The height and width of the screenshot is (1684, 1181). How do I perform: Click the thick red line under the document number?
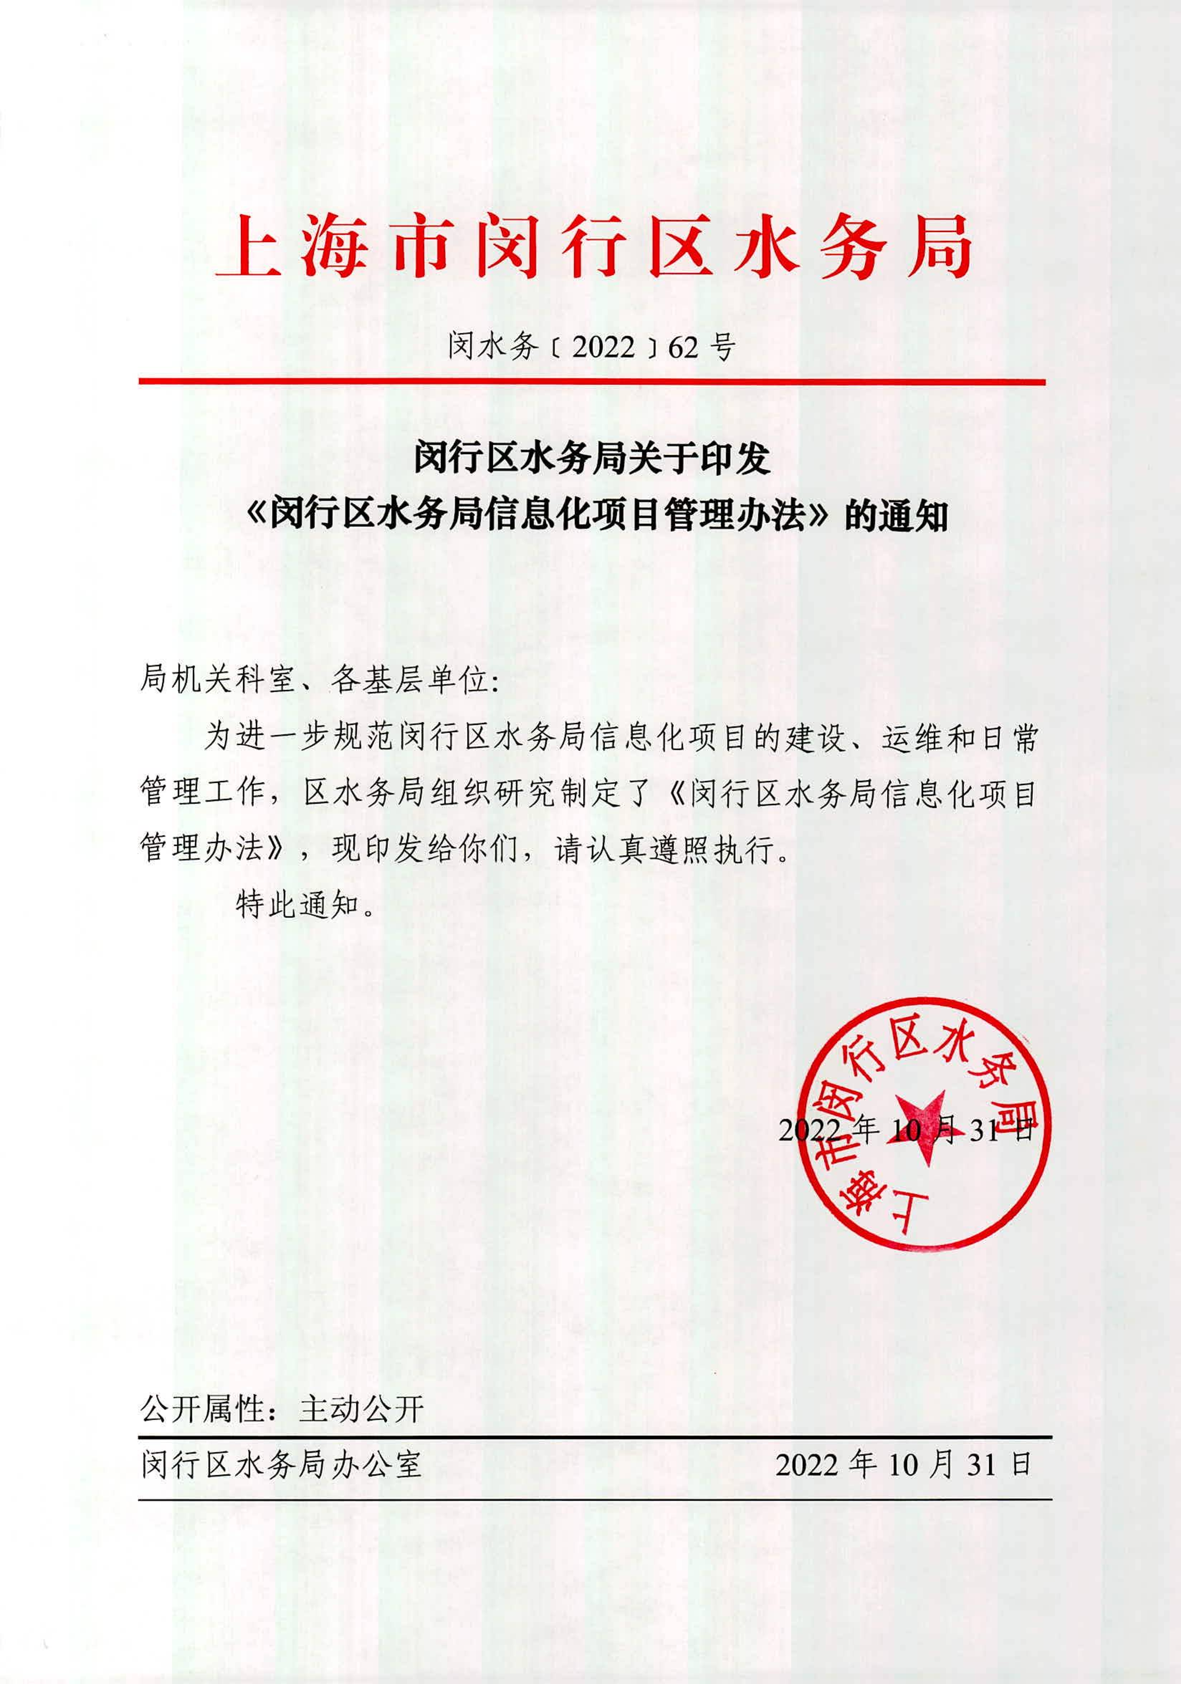click(591, 382)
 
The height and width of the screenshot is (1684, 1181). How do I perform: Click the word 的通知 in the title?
click(896, 516)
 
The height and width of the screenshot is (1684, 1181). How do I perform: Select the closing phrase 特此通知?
click(297, 906)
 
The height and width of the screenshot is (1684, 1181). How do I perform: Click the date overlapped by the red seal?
click(905, 1130)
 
